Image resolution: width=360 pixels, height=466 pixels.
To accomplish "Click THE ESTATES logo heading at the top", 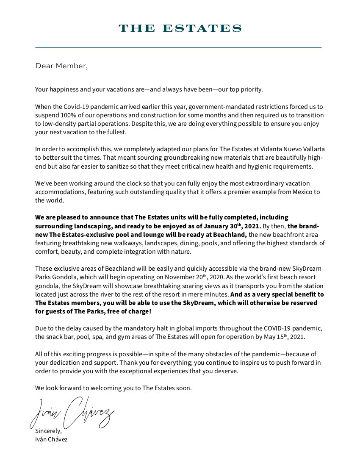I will click(x=180, y=28).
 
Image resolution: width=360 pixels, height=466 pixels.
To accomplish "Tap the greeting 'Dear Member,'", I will click(x=61, y=66).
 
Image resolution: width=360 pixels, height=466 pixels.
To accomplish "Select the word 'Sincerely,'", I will click(x=48, y=431).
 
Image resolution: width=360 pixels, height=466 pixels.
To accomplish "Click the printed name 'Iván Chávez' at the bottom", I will click(x=51, y=439).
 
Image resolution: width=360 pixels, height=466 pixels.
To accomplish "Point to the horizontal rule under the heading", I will click(x=178, y=48).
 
